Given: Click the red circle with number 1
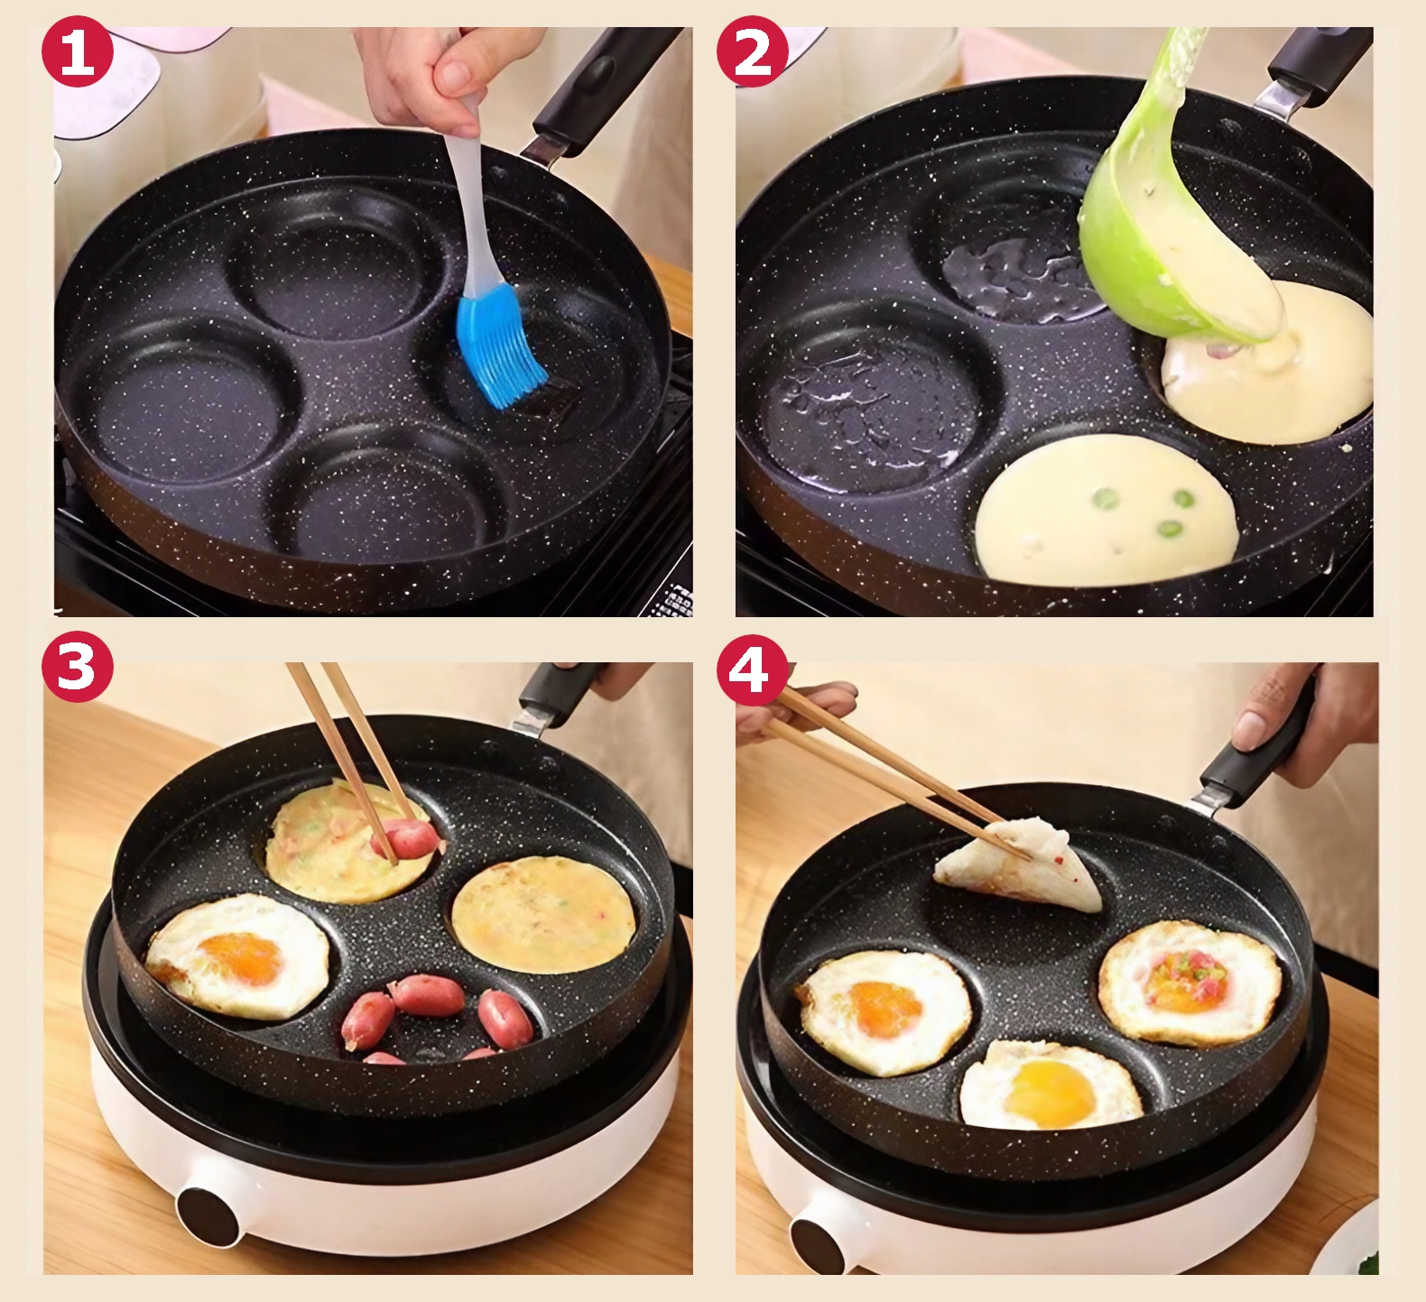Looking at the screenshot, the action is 78,51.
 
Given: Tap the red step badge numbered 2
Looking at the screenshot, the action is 753,51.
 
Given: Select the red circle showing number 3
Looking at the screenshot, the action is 78,667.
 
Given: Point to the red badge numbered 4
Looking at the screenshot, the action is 753,667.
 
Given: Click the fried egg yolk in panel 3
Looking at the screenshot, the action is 240,959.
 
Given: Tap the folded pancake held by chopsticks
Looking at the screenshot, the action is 1019,866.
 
